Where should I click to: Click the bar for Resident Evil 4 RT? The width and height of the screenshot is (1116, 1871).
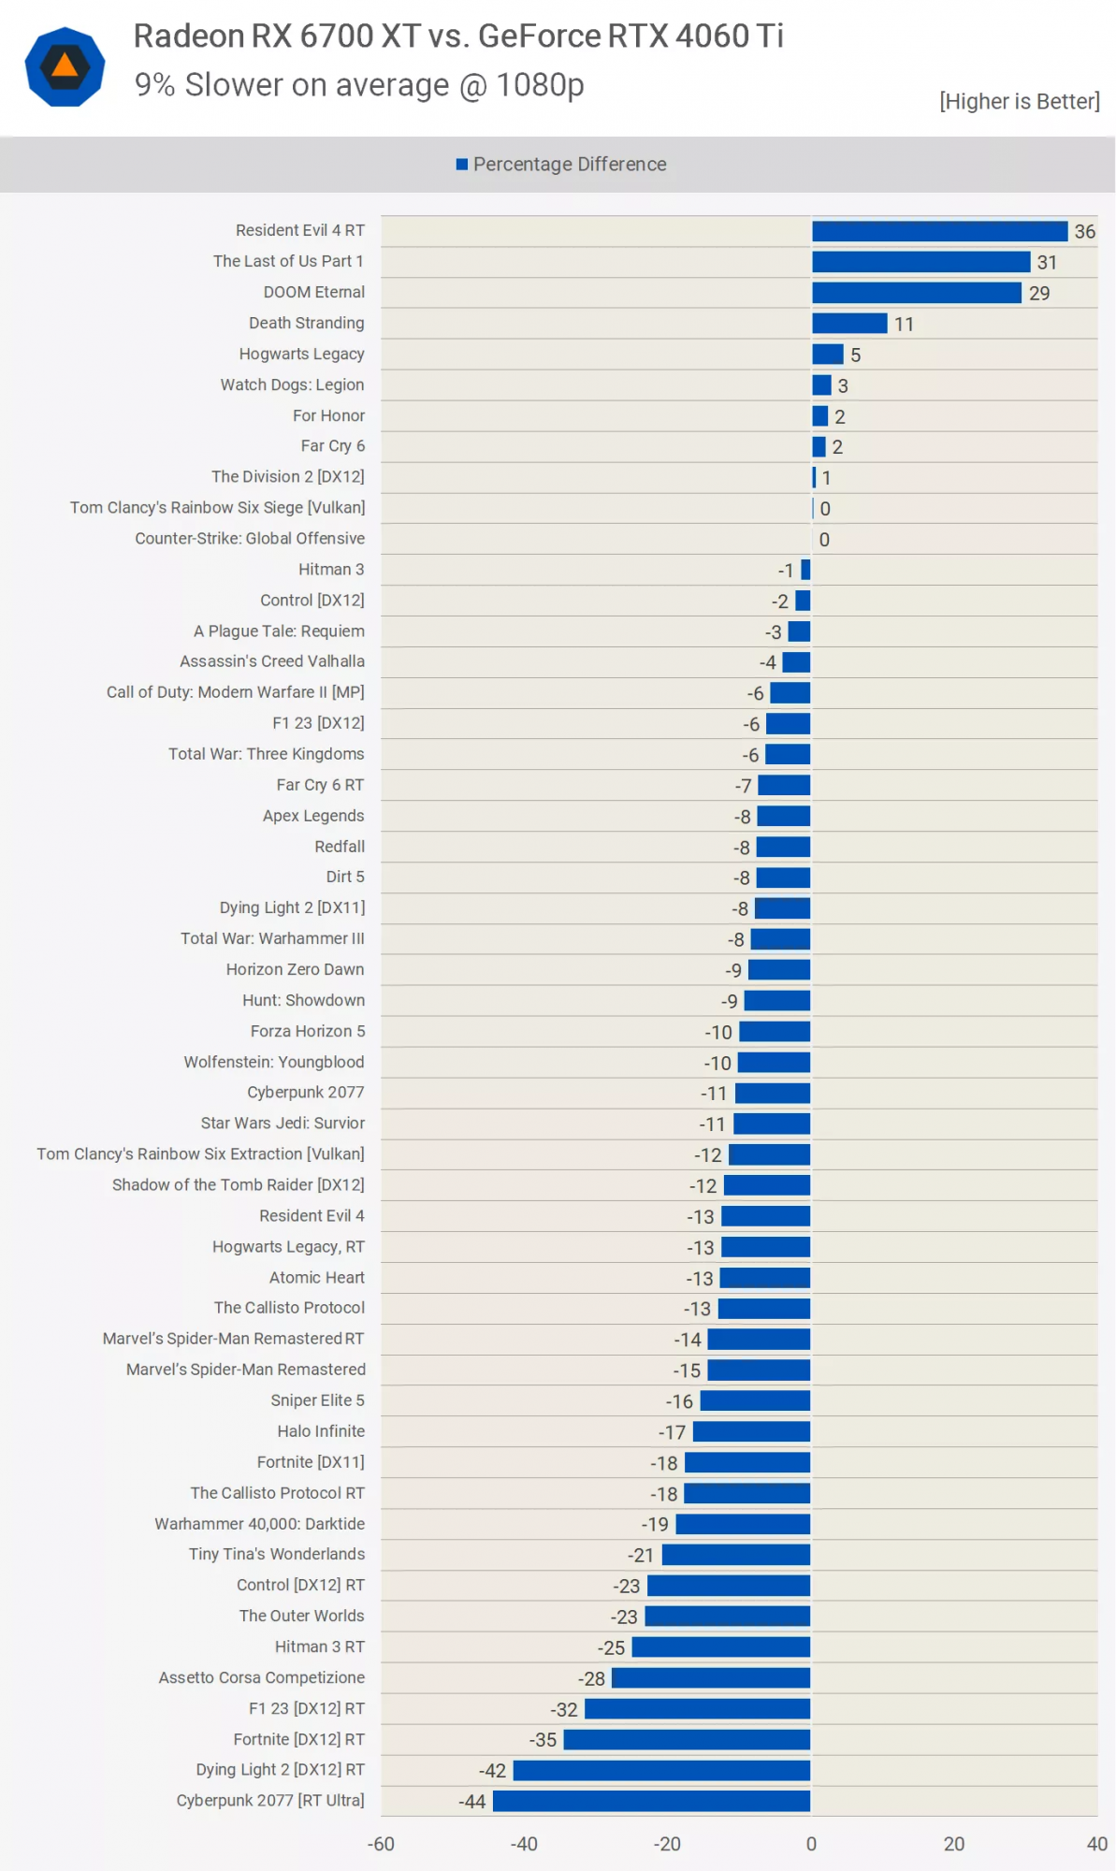[939, 231]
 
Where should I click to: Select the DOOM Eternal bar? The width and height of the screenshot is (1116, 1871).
[916, 293]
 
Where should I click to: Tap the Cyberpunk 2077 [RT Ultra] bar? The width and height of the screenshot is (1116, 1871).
[651, 1801]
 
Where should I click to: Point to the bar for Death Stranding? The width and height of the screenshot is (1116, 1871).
[849, 324]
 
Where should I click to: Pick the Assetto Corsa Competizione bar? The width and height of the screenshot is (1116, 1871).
[711, 1678]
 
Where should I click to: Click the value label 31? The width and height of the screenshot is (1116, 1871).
[1047, 263]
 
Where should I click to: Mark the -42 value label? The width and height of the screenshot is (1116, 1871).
[492, 1771]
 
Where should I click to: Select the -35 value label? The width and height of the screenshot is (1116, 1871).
[543, 1740]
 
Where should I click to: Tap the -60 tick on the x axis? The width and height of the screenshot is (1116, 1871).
[381, 1844]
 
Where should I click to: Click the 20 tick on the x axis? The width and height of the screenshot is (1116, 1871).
[953, 1844]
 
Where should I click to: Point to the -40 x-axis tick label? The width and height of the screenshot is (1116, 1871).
[524, 1844]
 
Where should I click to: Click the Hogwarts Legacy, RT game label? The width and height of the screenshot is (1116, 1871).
[288, 1247]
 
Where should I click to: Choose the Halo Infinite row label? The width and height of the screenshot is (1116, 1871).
[321, 1431]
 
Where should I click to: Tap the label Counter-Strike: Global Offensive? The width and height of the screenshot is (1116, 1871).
[250, 539]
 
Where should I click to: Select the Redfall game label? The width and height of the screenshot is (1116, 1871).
[340, 847]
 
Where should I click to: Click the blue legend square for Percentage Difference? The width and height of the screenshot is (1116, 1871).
[462, 165]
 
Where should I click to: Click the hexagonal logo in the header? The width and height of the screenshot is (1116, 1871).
[65, 66]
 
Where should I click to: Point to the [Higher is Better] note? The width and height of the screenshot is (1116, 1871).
[1019, 101]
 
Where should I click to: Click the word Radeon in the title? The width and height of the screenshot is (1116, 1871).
[189, 36]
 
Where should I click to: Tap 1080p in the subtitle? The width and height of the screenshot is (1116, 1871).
[540, 85]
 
